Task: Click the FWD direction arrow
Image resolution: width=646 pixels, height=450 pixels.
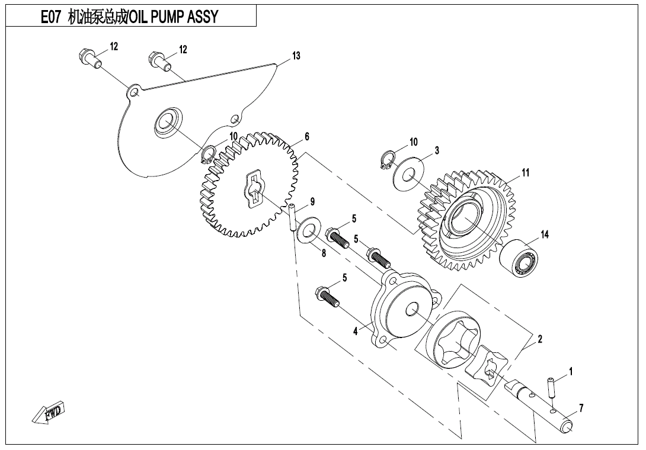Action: [x=49, y=413]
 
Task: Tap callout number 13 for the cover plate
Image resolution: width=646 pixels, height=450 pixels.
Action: [x=296, y=56]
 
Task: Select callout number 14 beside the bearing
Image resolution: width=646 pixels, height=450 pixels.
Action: [x=544, y=235]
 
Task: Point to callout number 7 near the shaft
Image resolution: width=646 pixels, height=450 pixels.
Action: [x=581, y=407]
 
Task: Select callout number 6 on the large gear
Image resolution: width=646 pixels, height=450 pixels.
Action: [x=307, y=137]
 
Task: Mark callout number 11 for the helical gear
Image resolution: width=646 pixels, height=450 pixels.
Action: [x=525, y=172]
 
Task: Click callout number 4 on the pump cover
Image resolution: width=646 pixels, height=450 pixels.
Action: [x=356, y=332]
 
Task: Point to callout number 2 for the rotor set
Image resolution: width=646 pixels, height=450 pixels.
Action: [x=540, y=339]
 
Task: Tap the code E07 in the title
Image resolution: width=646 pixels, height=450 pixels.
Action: [x=50, y=17]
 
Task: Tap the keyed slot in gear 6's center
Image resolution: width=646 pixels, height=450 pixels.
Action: [x=255, y=189]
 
